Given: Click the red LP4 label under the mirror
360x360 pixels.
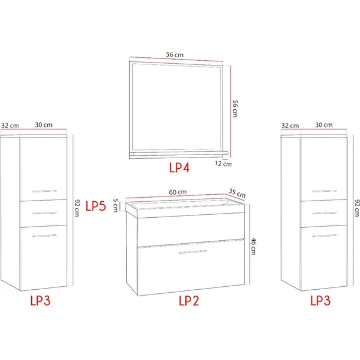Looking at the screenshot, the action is (179, 168).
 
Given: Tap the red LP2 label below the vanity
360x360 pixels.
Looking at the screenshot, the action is (189, 300).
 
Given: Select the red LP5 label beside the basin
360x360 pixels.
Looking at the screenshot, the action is (96, 206).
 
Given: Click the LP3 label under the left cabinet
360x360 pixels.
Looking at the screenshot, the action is (40, 300).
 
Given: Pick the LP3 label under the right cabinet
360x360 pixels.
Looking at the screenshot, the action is (320, 300).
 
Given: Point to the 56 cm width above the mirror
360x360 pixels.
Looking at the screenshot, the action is (175, 55).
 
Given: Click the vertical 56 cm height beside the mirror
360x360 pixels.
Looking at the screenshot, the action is (235, 109).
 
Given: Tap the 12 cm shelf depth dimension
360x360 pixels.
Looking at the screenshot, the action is (223, 163).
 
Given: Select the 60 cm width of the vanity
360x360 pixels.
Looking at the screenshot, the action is (178, 192).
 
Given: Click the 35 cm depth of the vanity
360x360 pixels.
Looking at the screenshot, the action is (237, 193).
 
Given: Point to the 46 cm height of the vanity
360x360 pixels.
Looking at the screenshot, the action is (253, 246).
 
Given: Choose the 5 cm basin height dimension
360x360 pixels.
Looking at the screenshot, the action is (116, 205).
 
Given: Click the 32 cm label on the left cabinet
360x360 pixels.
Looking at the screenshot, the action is (10, 126).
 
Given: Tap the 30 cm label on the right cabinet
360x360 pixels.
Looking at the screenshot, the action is (324, 125).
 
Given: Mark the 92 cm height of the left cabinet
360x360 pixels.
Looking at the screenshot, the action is (77, 208).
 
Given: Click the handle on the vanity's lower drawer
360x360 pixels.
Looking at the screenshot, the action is (192, 252).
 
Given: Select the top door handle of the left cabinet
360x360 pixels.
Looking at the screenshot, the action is (44, 191).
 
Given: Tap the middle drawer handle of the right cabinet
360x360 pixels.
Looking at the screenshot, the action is (325, 213).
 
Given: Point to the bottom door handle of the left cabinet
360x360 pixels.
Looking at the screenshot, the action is (44, 235).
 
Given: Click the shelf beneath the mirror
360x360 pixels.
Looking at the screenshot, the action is (179, 154).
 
